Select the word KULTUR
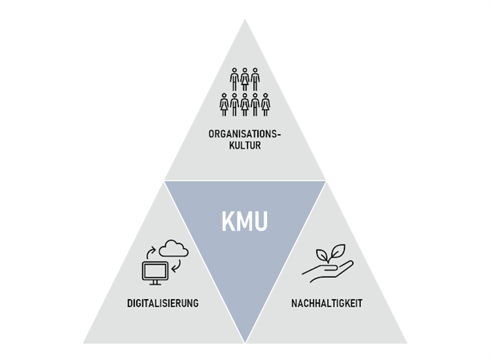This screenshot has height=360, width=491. click(244, 145)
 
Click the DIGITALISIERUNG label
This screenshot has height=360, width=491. click(163, 303)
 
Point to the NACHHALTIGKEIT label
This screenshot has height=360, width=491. click(328, 303)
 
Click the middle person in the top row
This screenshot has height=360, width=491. click(245, 79)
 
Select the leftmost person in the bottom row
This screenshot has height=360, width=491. click(224, 104)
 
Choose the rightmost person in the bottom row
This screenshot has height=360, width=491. click(266, 104)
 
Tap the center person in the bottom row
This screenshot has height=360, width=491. click(245, 104)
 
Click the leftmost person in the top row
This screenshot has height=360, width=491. click(234, 79)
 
